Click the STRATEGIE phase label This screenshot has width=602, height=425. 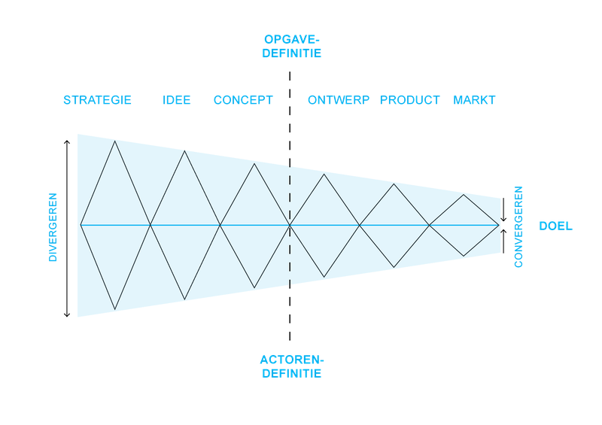[x=97, y=100]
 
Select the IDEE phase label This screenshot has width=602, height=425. [x=177, y=100]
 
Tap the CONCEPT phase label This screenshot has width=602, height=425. [x=243, y=100]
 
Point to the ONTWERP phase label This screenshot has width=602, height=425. [x=339, y=100]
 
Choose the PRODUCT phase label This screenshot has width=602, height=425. [x=409, y=100]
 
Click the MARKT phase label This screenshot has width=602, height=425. [x=474, y=100]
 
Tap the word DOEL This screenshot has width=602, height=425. [x=555, y=226]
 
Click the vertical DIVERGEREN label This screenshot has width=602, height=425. [x=53, y=227]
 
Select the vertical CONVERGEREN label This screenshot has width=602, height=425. [x=518, y=227]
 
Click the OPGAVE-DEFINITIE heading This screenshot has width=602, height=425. [x=292, y=47]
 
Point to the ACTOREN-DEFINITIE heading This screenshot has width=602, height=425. [x=292, y=366]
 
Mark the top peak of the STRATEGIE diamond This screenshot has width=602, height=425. [x=115, y=141]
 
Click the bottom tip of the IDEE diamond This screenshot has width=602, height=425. [x=184, y=299]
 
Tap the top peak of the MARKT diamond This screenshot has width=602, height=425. [x=464, y=195]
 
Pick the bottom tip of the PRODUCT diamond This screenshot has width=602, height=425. [x=394, y=267]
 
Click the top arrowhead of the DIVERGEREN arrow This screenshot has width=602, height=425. [x=67, y=141]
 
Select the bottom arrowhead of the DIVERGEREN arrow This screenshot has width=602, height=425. [x=67, y=316]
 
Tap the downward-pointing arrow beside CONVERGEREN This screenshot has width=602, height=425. [x=503, y=210]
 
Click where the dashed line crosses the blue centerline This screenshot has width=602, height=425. [x=290, y=225]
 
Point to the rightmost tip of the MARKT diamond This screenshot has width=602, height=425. [x=499, y=226]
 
